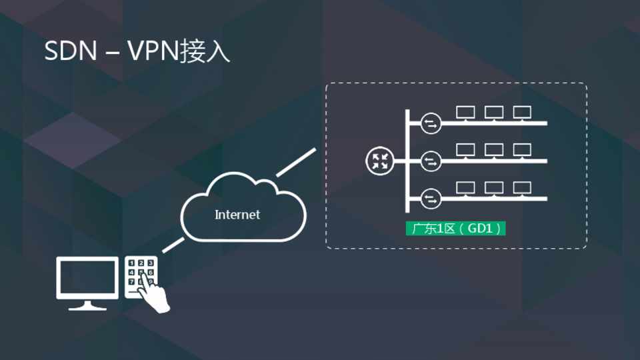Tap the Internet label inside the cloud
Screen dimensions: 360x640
coord(237,215)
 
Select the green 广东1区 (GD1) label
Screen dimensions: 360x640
coord(456,229)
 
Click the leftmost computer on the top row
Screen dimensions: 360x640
coord(465,113)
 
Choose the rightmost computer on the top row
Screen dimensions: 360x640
coord(521,113)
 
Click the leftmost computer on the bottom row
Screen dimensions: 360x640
coord(465,189)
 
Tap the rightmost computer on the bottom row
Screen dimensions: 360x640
coord(521,189)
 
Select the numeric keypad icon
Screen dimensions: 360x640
coord(141,273)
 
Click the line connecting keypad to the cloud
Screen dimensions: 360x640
coord(173,245)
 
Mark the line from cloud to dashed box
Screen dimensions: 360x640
coord(295,163)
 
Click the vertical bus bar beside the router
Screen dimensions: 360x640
coord(406,160)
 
